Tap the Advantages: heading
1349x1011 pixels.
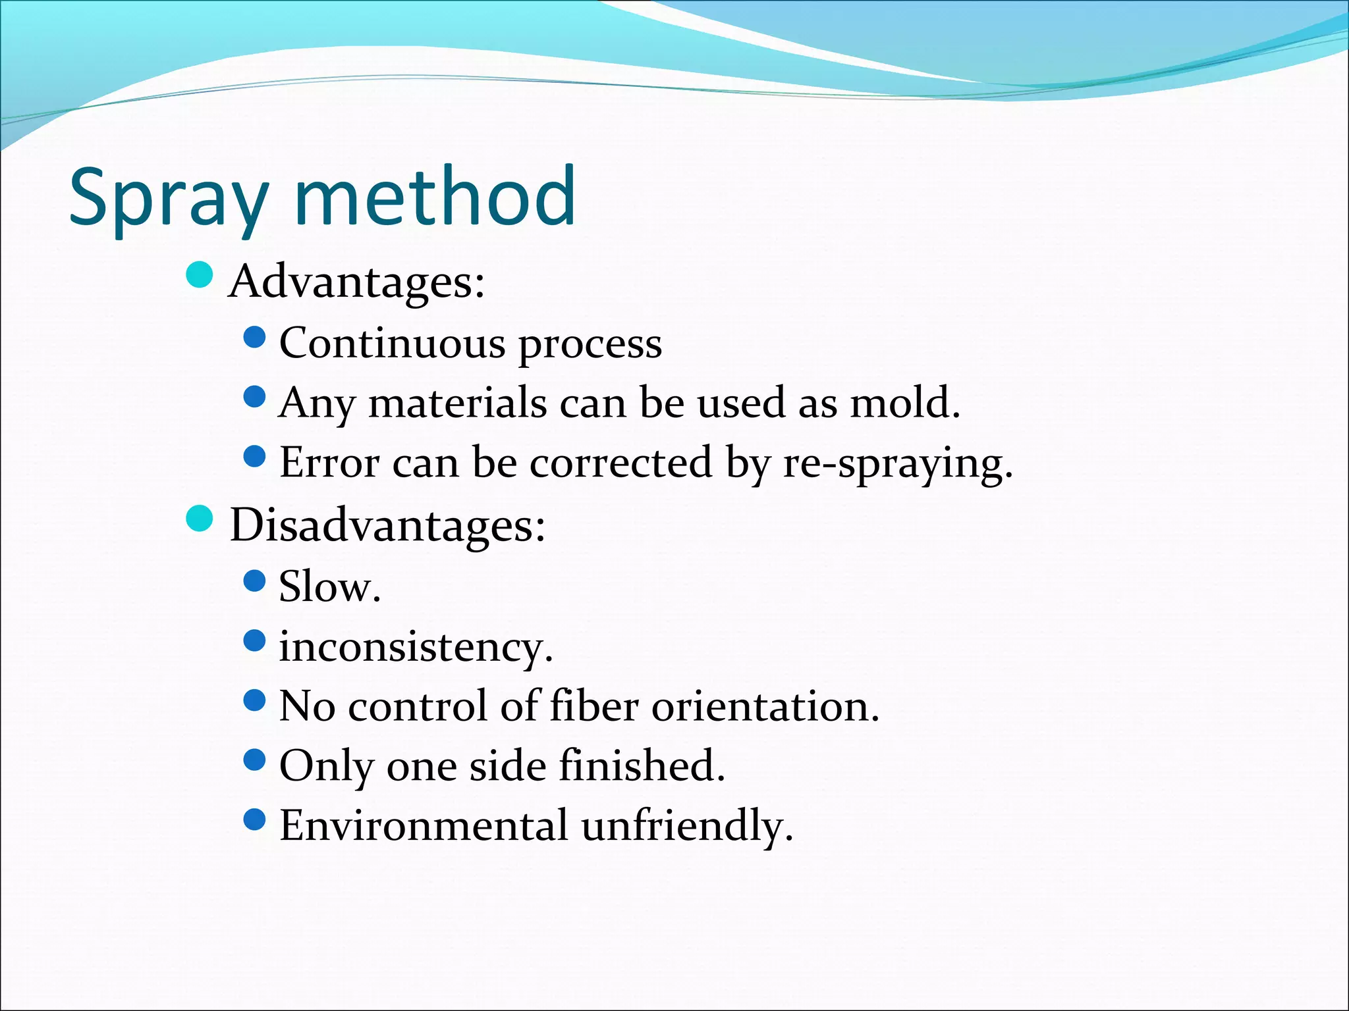356,282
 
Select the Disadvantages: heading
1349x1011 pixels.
387,525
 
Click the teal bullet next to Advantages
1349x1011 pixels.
199,275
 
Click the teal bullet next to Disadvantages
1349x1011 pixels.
199,519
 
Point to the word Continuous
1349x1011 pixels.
393,343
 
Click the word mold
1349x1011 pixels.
904,402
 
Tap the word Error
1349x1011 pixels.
329,462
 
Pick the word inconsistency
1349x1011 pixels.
415,647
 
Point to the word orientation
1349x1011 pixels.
765,706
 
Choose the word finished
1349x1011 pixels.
642,765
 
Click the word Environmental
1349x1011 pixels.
423,825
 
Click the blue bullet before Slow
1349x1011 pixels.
254,581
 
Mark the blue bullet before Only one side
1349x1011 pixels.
254,760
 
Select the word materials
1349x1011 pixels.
457,403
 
